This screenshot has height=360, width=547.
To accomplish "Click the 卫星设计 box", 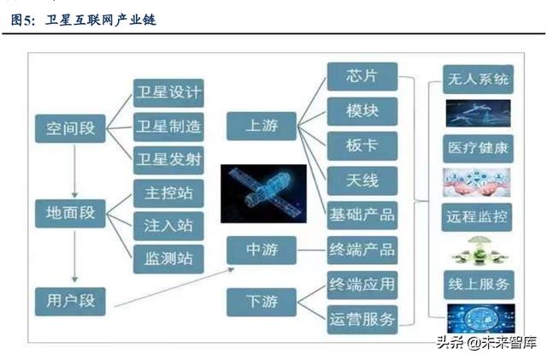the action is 168,93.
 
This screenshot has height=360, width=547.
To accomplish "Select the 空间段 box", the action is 70,128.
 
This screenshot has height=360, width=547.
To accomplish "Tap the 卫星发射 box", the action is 168,160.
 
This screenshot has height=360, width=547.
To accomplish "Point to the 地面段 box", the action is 70,213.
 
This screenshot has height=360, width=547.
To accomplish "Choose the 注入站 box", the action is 168,226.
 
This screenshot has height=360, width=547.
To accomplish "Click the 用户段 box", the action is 70,301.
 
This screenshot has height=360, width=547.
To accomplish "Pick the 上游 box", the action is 262,126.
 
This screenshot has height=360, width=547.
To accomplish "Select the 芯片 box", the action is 362,76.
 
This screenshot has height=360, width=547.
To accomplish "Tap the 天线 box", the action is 362,181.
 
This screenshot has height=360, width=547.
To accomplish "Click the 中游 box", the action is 262,250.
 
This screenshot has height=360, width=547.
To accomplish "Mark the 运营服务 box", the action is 362,320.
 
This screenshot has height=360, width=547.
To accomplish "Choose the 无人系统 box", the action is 479,80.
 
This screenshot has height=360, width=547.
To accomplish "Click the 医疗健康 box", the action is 479,149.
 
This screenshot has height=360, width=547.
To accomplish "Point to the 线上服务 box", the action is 479,285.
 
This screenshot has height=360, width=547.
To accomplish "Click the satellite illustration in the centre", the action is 264,193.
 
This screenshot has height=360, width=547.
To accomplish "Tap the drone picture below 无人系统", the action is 479,113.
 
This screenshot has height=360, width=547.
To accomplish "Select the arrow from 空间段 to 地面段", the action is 74,171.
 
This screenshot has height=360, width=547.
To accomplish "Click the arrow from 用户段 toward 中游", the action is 174,287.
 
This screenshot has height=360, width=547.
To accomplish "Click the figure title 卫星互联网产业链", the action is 101,20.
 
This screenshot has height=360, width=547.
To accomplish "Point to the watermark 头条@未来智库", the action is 486,343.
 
